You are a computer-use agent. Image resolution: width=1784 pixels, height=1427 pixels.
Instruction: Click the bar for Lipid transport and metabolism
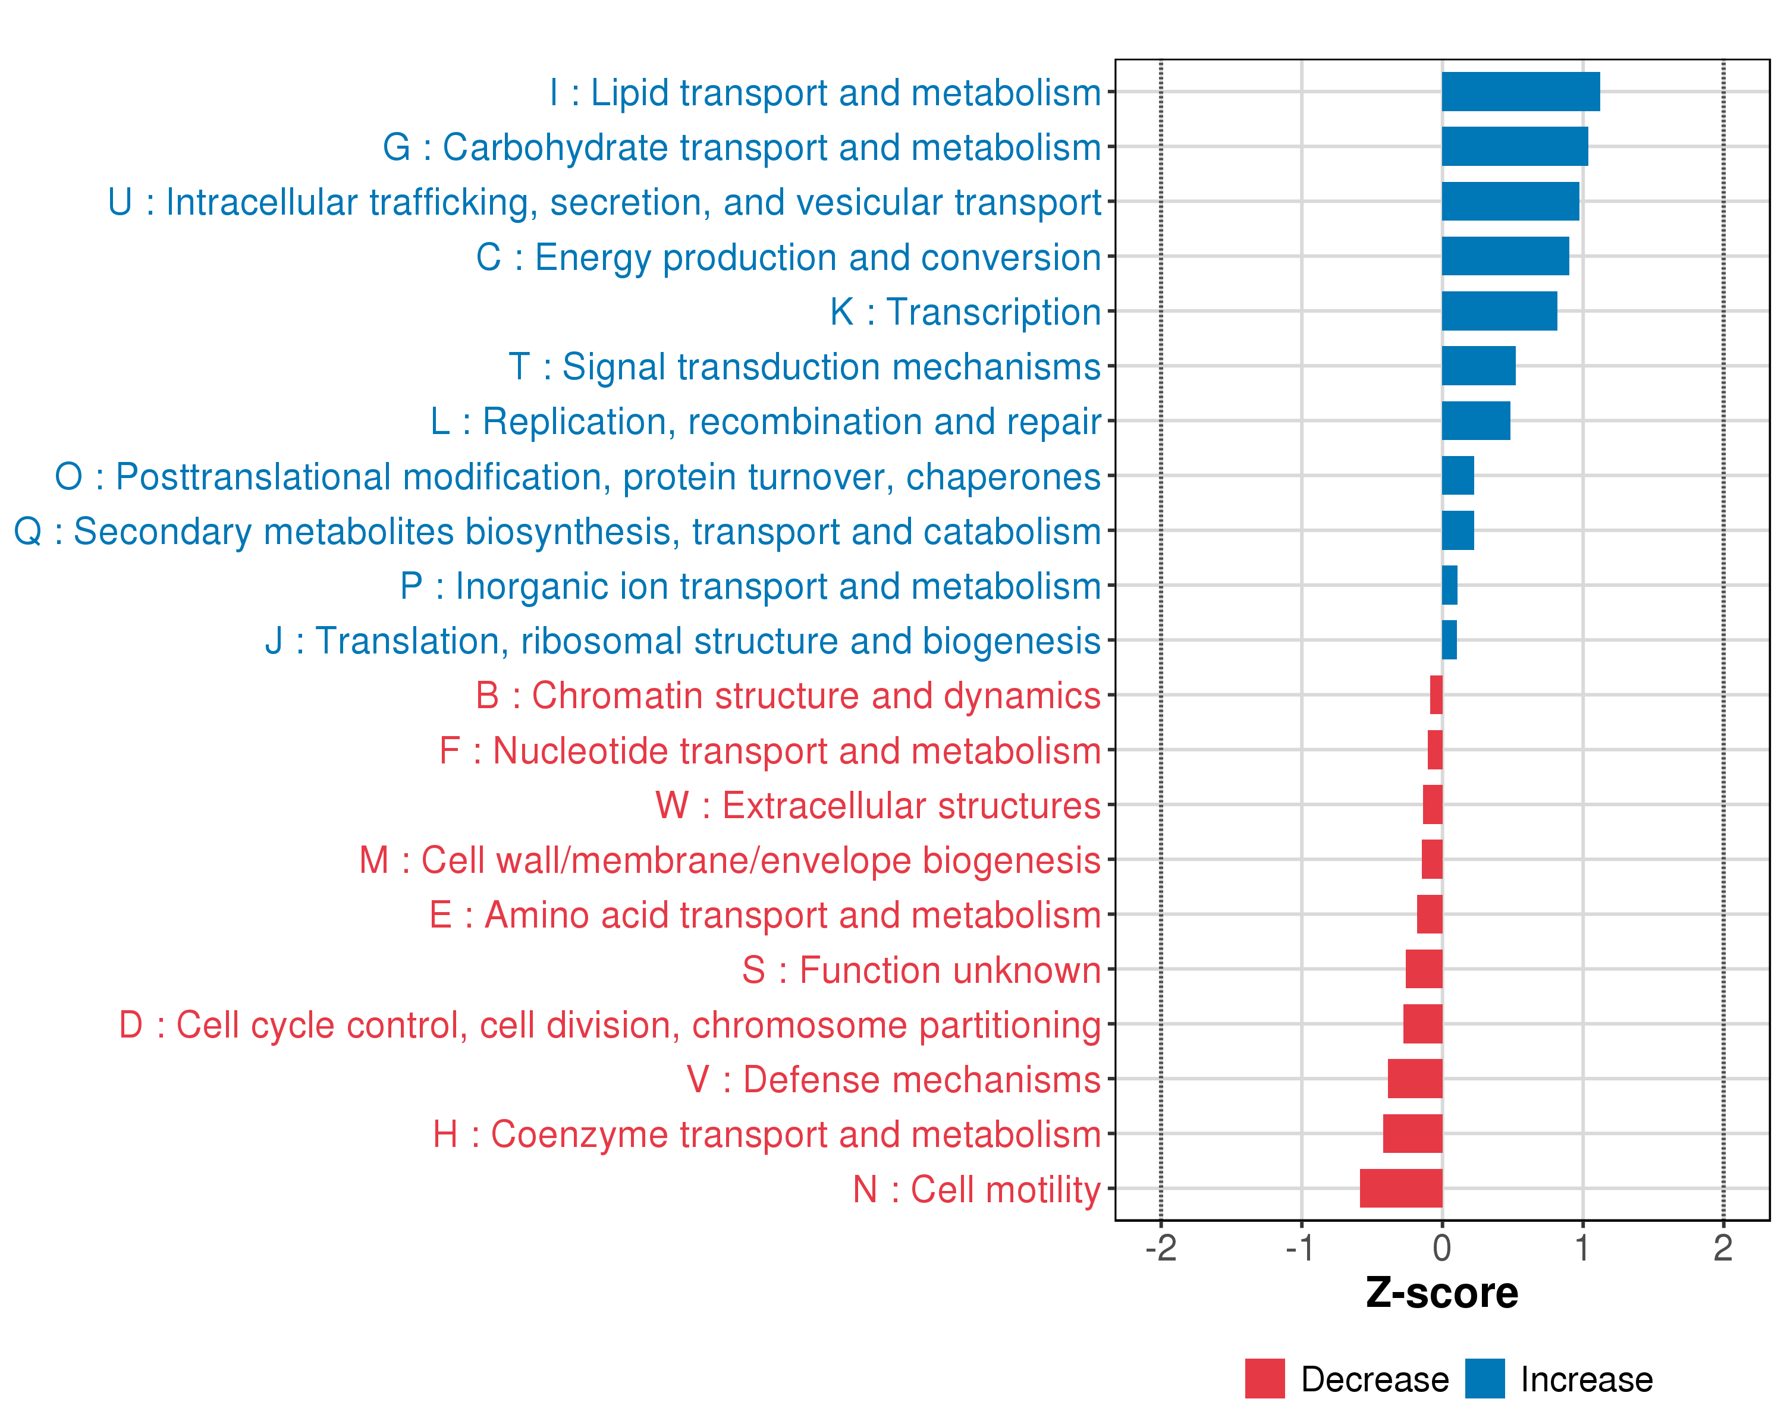1521,92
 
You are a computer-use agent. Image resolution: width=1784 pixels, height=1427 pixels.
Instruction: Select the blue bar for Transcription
1499,311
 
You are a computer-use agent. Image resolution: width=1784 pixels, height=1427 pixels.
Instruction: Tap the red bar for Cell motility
1401,1189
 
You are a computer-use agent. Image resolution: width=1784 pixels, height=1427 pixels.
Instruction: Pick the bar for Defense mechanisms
1415,1079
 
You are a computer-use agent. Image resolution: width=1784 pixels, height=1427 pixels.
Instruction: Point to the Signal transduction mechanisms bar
1479,366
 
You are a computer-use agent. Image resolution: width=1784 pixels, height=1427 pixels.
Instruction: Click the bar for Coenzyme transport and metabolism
1412,1133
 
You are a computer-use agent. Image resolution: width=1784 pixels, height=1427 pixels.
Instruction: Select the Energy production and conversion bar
1506,256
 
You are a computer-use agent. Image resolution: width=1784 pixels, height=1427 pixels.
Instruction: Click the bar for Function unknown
1424,969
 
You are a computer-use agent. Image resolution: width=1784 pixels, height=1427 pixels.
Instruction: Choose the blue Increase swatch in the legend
1485,1379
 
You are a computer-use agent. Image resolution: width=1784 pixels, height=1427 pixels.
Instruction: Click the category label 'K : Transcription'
966,313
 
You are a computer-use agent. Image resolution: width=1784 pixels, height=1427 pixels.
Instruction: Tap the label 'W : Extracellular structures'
878,806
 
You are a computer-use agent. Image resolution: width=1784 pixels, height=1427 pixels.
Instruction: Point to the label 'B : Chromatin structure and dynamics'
789,696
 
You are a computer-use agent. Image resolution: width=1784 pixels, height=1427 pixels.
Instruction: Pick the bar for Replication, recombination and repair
1476,420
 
